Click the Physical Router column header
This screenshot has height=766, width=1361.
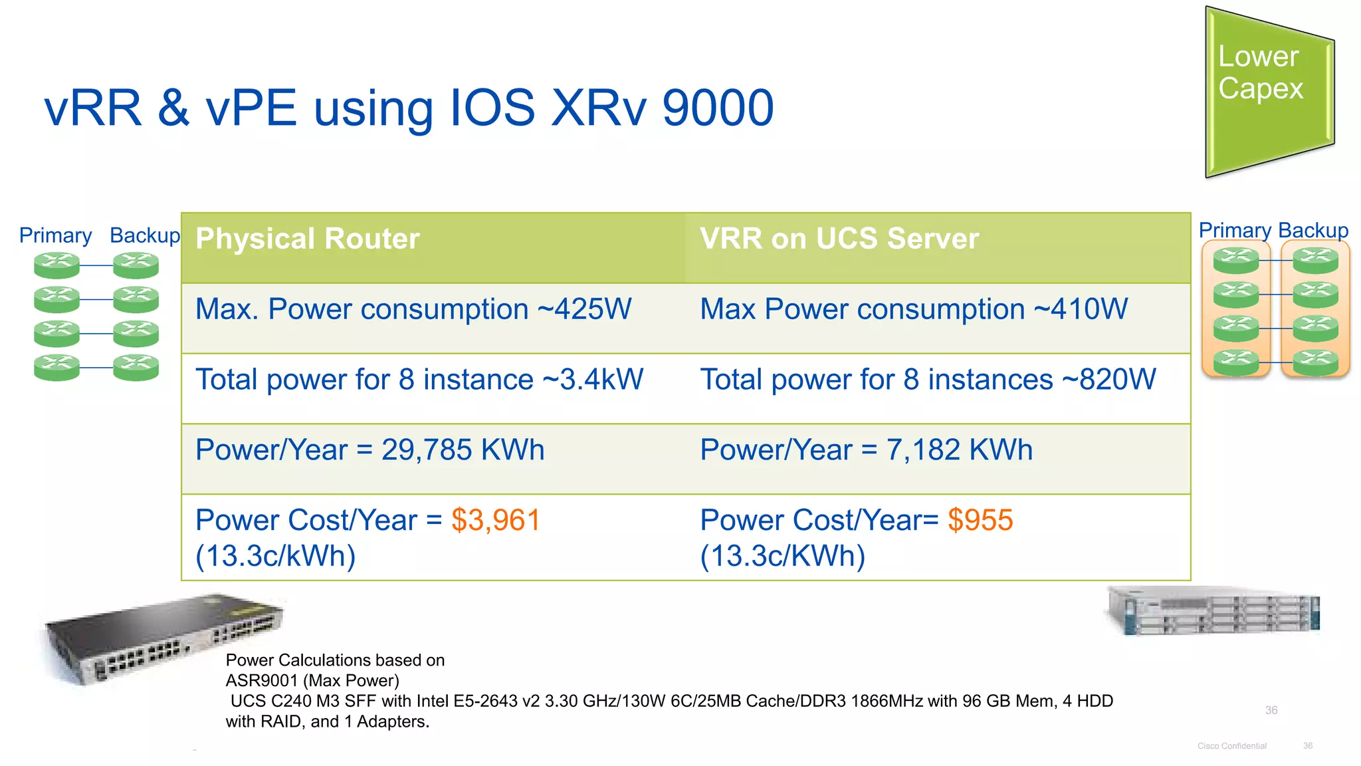point(307,239)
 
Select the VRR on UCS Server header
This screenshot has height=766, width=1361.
point(839,239)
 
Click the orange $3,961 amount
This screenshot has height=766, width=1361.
point(496,520)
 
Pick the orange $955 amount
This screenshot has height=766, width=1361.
point(980,520)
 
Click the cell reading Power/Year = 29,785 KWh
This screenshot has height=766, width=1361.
point(369,450)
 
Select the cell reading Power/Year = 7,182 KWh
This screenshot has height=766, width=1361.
point(866,450)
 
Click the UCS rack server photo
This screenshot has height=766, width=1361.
point(1213,610)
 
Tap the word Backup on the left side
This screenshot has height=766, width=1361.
point(144,235)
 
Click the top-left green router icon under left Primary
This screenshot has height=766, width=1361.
point(56,265)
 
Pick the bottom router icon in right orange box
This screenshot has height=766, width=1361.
point(1315,362)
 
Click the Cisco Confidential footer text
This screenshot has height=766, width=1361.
point(1231,746)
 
